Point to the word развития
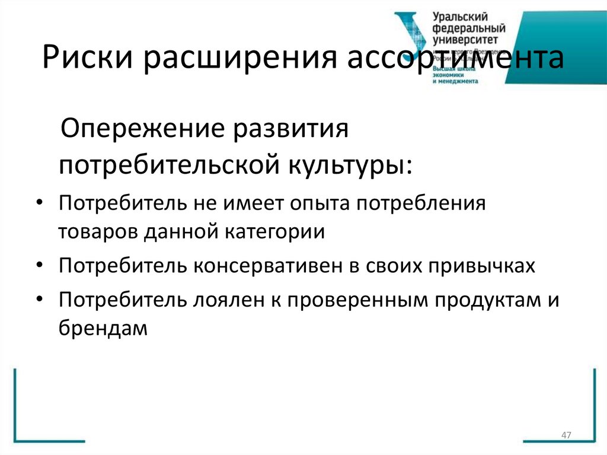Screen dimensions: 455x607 (303, 129)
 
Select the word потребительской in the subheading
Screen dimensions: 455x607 (169, 164)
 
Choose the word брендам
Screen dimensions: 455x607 (102, 328)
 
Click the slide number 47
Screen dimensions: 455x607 (566, 436)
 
